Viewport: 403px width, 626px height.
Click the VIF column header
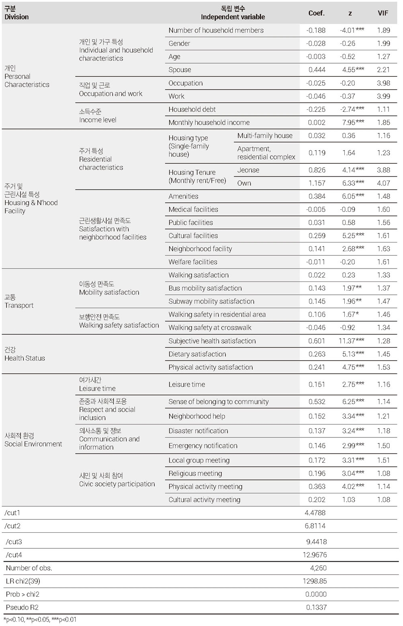[x=383, y=13]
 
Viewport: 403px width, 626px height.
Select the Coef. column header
[x=317, y=13]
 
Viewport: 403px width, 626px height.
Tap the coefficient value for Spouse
[x=317, y=70]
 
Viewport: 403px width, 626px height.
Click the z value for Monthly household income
[x=353, y=122]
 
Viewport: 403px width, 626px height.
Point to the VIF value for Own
[x=383, y=183]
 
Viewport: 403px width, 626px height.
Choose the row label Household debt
[x=192, y=109]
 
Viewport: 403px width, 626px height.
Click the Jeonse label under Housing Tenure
[x=248, y=170]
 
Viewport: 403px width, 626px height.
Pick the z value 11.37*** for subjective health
[x=351, y=341]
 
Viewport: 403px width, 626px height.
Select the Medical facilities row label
[x=193, y=209]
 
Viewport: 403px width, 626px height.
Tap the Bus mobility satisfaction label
[x=205, y=288]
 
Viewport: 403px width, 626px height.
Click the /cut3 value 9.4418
[x=317, y=542]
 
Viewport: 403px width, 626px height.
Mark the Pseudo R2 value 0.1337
[x=316, y=607]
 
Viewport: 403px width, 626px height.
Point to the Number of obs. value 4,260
[x=318, y=568]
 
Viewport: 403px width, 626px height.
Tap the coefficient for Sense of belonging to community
[x=317, y=402]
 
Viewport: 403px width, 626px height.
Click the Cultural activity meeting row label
[x=204, y=499]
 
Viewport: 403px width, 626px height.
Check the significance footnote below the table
[x=40, y=619]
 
